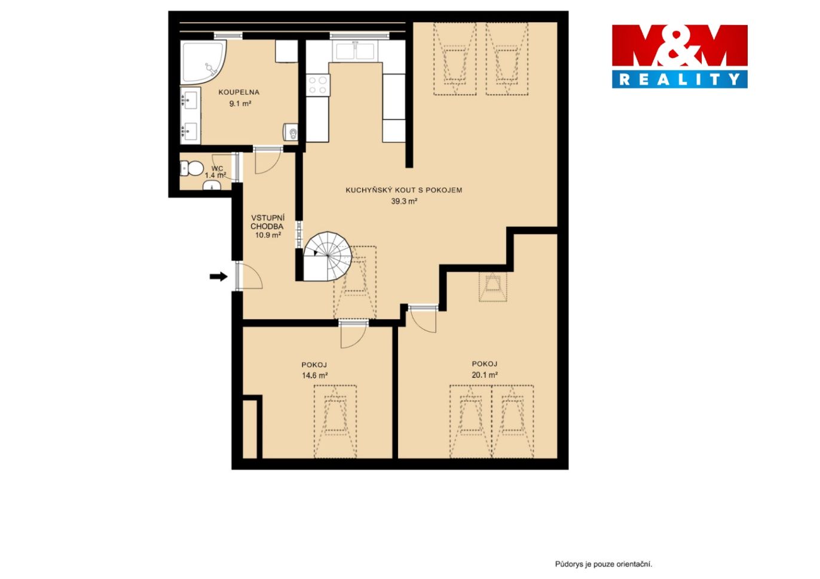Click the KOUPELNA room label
click(238, 93)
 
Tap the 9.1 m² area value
click(240, 104)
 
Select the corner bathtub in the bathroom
click(203, 61)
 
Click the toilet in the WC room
click(192, 168)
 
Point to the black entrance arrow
click(219, 277)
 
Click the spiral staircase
click(327, 256)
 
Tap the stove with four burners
click(318, 85)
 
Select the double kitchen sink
click(355, 51)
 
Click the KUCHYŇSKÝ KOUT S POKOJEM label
click(404, 190)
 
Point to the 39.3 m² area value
click(404, 201)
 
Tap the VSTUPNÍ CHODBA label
click(268, 222)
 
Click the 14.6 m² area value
click(314, 375)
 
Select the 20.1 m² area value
click(485, 375)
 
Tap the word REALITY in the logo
click(680, 79)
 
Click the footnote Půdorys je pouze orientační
click(604, 564)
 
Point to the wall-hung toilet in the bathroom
click(290, 132)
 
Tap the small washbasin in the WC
click(212, 186)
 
